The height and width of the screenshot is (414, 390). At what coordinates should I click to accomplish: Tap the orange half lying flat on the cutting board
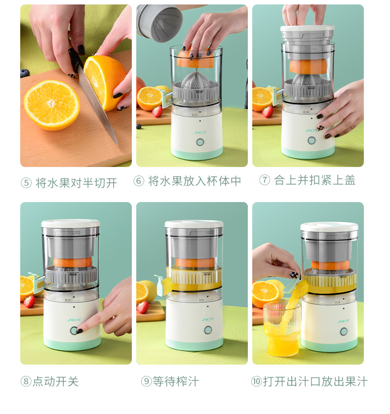(x=51, y=105)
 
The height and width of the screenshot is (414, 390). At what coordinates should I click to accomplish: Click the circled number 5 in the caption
(x=26, y=183)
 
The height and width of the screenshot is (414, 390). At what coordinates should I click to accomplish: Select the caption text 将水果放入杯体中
(x=195, y=181)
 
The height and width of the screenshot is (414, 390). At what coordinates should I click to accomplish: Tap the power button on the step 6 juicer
(x=200, y=142)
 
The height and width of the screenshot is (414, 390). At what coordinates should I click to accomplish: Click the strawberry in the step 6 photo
(x=157, y=112)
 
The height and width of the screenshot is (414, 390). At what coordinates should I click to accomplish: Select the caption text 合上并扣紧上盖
(x=314, y=180)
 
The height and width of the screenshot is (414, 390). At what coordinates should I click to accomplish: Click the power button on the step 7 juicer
(x=312, y=140)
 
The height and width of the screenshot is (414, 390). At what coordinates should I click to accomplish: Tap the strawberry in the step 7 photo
(x=268, y=112)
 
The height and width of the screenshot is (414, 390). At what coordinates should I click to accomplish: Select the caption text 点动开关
(x=56, y=381)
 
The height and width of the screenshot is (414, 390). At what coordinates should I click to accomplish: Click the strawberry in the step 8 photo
(x=30, y=301)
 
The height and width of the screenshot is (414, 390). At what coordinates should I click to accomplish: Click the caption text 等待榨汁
(x=175, y=381)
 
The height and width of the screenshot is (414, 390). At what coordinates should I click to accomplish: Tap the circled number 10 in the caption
(x=256, y=382)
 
